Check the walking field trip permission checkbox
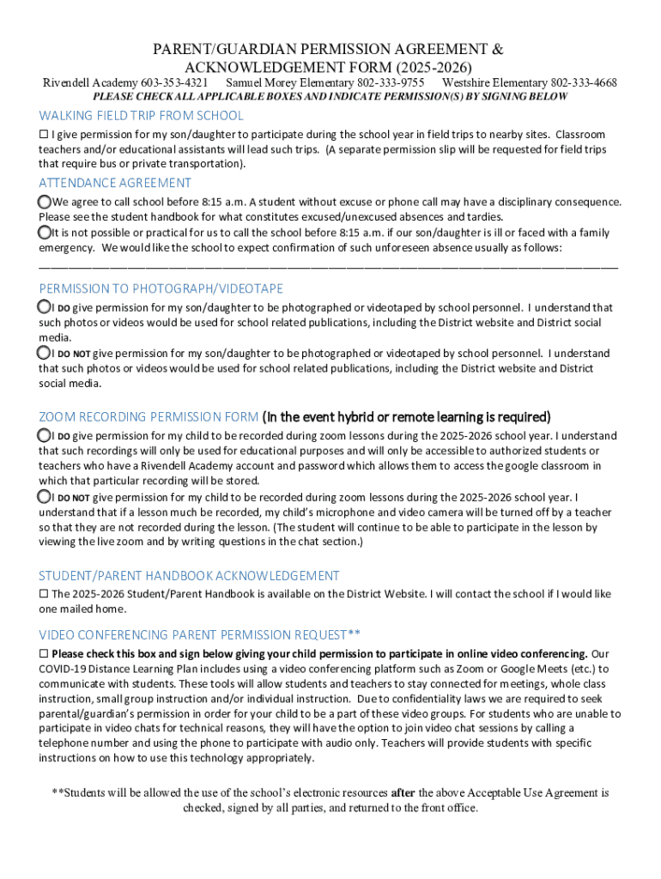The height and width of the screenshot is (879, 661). pyautogui.click(x=44, y=135)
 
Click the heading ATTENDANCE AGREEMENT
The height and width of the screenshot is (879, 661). pyautogui.click(x=115, y=183)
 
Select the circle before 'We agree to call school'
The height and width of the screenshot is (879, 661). pyautogui.click(x=45, y=201)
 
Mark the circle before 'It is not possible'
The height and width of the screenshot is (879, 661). pyautogui.click(x=45, y=233)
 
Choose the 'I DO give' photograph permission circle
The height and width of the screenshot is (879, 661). pyautogui.click(x=45, y=306)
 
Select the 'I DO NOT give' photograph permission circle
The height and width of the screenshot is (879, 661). pyautogui.click(x=45, y=353)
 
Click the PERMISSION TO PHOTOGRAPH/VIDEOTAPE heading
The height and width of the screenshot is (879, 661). pyautogui.click(x=161, y=288)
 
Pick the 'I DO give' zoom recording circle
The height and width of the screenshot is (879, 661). pyautogui.click(x=45, y=435)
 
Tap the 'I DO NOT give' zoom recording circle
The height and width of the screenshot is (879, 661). pyautogui.click(x=45, y=497)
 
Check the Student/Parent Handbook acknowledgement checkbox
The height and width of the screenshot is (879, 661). pyautogui.click(x=44, y=594)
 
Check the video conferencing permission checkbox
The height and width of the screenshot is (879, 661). pyautogui.click(x=44, y=653)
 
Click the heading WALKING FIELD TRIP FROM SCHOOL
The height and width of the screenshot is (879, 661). pyautogui.click(x=141, y=116)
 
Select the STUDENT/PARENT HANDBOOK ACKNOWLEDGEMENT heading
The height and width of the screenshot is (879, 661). pyautogui.click(x=189, y=576)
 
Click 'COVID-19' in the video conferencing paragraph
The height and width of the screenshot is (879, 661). pyautogui.click(x=64, y=669)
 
